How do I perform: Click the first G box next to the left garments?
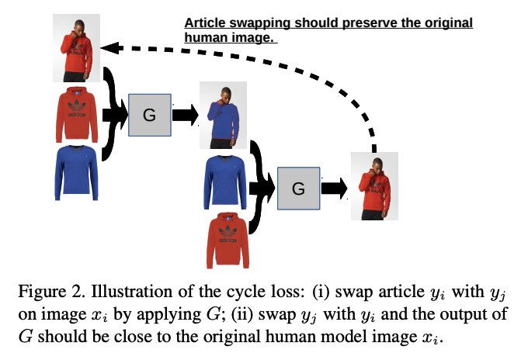pyautogui.click(x=150, y=116)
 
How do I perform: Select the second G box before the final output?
pyautogui.click(x=298, y=189)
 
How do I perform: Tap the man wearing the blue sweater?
pyautogui.click(x=224, y=114)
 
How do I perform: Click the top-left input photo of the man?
pyautogui.click(x=77, y=48)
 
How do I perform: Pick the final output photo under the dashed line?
pyautogui.click(x=374, y=187)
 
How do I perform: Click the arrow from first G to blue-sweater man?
pyautogui.click(x=185, y=116)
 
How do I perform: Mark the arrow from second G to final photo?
pyautogui.click(x=335, y=189)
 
